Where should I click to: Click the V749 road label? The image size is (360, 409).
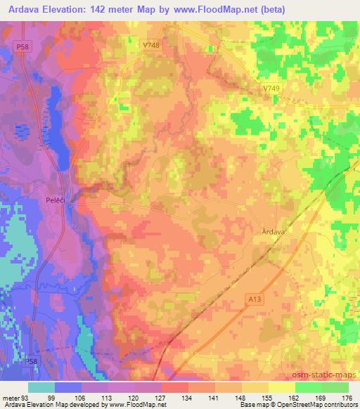(271, 88)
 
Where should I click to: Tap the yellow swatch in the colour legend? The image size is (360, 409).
(281, 387)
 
